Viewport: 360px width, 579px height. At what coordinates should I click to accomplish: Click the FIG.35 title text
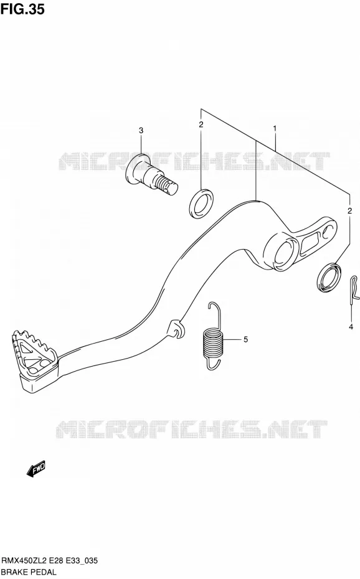coord(22,9)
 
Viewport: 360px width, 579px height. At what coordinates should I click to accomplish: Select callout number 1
coord(275,128)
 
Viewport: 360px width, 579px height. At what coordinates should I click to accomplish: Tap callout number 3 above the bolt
coord(141,130)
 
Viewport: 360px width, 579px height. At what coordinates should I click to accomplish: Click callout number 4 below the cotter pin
coord(351,326)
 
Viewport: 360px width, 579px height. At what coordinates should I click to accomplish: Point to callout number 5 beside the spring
coord(245,339)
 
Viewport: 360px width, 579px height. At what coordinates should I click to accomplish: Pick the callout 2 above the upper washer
coord(201,125)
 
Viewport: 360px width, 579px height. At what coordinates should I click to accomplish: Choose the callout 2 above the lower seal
coord(349,211)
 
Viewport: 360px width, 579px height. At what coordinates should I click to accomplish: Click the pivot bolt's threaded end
coord(167,185)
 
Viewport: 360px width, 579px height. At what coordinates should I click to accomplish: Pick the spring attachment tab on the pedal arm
coord(175,328)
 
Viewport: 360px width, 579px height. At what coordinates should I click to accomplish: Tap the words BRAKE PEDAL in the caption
coord(29,572)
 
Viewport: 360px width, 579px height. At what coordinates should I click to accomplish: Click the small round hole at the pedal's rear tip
coord(327,232)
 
